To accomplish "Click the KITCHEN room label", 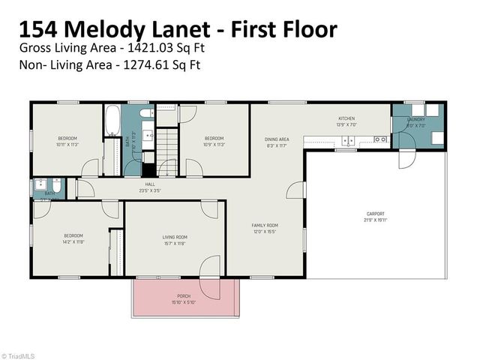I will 346,118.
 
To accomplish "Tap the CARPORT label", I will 376,214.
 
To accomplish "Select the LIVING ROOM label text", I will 175,237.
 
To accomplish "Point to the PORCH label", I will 184,296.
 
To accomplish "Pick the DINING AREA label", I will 277,139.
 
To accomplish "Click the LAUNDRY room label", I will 416,119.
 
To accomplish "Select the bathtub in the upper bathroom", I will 113,122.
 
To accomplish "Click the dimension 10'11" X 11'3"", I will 67,144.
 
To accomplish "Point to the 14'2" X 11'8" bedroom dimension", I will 73,242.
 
